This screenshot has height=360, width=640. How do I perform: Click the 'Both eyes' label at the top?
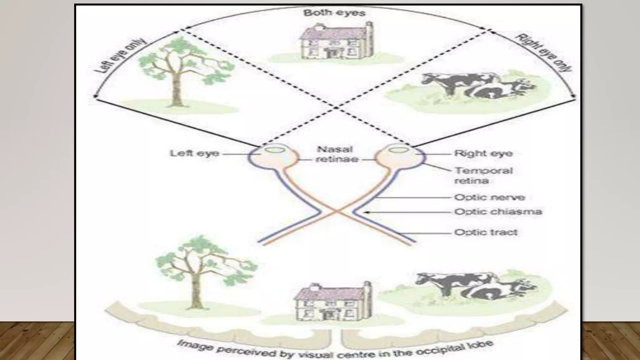[x=334, y=13]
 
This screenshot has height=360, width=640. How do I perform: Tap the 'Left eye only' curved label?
[x=120, y=56]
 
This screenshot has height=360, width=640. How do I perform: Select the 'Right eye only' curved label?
[x=544, y=52]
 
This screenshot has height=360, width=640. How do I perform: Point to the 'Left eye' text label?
[x=194, y=153]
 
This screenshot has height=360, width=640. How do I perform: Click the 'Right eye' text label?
[x=483, y=153]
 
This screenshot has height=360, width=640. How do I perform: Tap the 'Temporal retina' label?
[x=483, y=175]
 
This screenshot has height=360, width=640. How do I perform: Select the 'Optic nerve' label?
[x=489, y=197]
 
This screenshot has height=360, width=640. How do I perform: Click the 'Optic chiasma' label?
[x=498, y=212]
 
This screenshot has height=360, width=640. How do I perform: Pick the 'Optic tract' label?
[x=486, y=232]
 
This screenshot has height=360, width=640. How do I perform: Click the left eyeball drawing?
[x=274, y=156]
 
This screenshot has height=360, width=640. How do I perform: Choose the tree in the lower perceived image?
[x=200, y=269]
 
